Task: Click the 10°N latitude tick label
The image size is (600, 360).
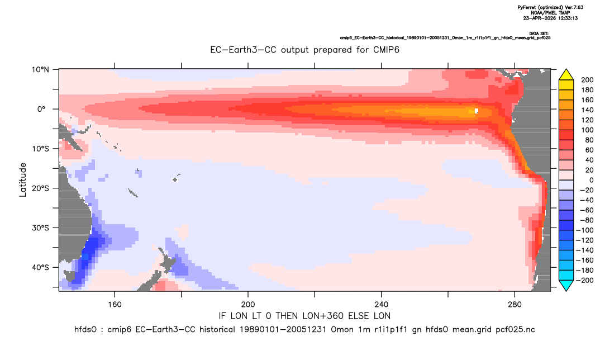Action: (x=41, y=70)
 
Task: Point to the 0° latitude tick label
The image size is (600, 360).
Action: (x=41, y=109)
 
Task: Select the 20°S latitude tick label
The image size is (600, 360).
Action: (x=41, y=188)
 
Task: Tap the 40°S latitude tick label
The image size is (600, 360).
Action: (x=41, y=267)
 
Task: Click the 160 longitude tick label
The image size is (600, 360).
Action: (x=115, y=305)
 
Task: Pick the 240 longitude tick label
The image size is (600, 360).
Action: (x=382, y=305)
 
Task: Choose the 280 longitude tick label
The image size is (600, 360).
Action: (x=515, y=305)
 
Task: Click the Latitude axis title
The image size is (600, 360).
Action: (x=23, y=180)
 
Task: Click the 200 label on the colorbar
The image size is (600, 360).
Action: (x=587, y=80)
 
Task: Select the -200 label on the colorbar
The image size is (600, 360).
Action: (x=585, y=280)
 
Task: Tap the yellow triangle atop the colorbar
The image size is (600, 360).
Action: (x=566, y=75)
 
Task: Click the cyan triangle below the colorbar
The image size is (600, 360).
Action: (x=566, y=285)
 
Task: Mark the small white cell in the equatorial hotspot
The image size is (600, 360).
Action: (x=477, y=111)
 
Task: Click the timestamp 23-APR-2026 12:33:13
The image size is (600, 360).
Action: (x=551, y=18)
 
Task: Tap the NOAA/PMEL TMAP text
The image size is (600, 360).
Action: (x=551, y=13)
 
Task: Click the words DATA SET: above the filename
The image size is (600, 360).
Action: (x=539, y=34)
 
